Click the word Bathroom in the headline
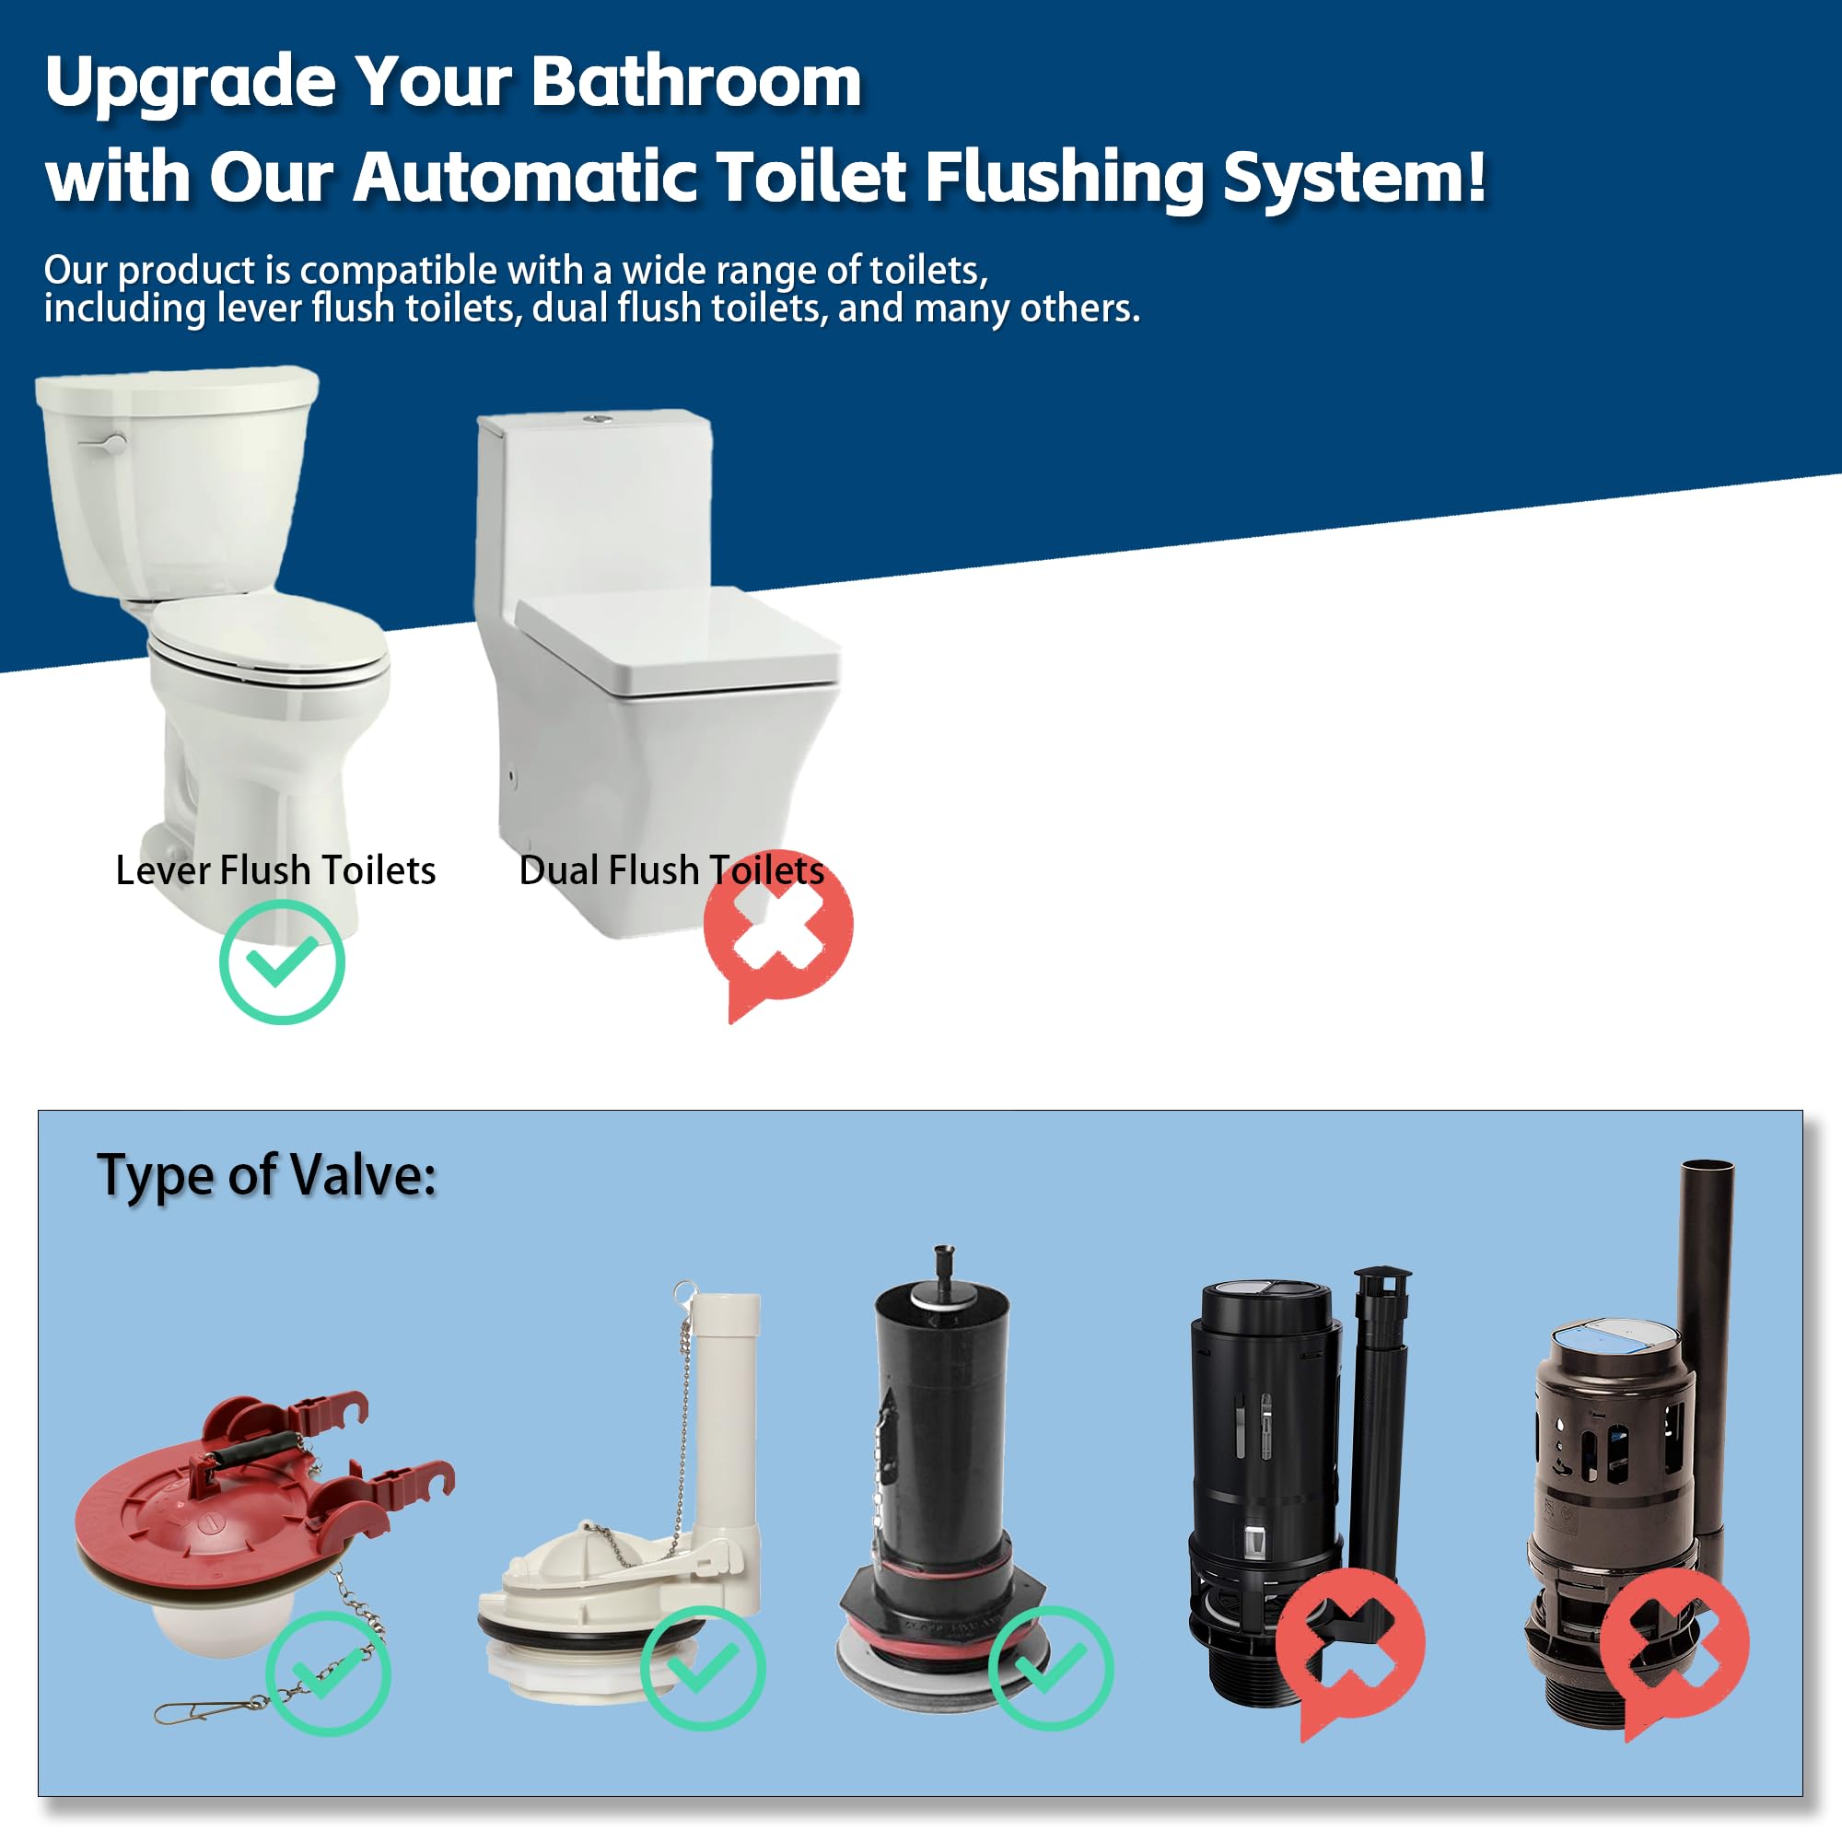(696, 82)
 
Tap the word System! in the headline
(1354, 178)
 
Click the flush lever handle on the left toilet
(103, 443)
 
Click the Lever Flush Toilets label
(275, 870)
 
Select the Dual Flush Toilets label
(671, 870)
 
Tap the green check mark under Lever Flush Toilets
(282, 962)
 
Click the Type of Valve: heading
(267, 1174)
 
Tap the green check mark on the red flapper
(327, 1673)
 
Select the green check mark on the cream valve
(703, 1669)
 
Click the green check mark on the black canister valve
(1051, 1669)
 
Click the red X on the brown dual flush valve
(1674, 1644)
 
